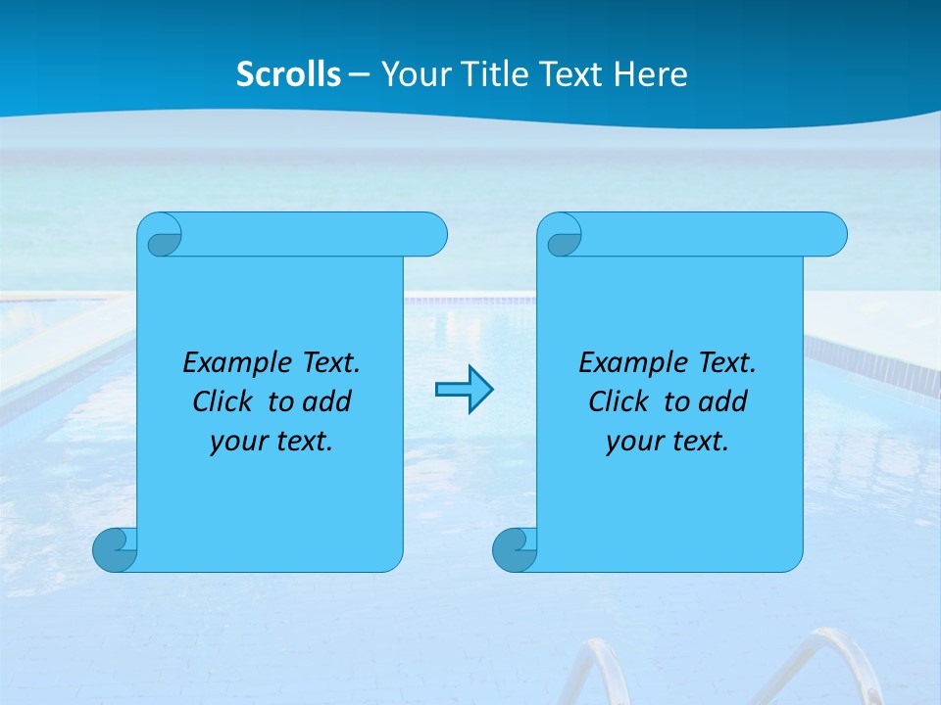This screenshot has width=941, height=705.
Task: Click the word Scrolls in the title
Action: point(288,74)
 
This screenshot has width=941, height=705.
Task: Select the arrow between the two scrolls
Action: point(464,390)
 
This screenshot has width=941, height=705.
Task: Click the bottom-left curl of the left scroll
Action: point(115,549)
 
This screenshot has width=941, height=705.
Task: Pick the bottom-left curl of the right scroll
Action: point(515,549)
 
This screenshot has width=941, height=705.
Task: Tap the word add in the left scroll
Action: point(326,401)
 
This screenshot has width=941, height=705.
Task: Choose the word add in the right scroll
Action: point(722,401)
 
